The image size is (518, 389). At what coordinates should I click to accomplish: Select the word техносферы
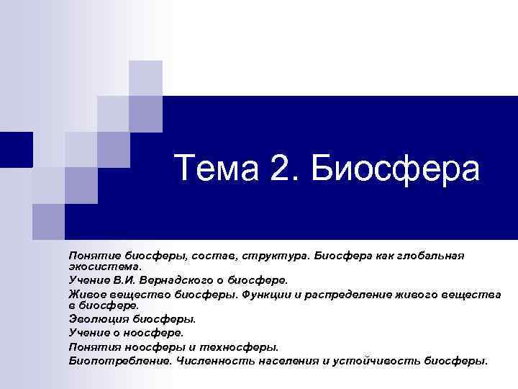click(243, 346)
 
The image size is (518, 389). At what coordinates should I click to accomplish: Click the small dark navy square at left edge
click(16, 149)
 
